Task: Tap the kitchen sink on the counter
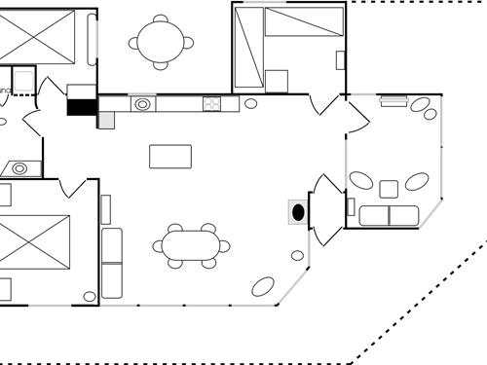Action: pyautogui.click(x=142, y=103)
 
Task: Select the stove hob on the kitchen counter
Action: pyautogui.click(x=212, y=103)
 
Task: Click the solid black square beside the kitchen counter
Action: pyautogui.click(x=81, y=107)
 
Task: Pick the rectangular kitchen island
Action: pyautogui.click(x=170, y=156)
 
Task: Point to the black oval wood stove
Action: pyautogui.click(x=298, y=211)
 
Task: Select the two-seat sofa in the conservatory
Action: pyautogui.click(x=389, y=215)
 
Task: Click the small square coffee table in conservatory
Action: pyautogui.click(x=389, y=189)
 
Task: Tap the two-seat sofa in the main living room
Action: pyautogui.click(x=113, y=263)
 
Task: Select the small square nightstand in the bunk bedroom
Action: pyautogui.click(x=277, y=81)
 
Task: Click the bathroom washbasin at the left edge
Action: pyautogui.click(x=19, y=168)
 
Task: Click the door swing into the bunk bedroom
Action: pyautogui.click(x=318, y=104)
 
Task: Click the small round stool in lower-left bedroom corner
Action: pyautogui.click(x=90, y=296)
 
